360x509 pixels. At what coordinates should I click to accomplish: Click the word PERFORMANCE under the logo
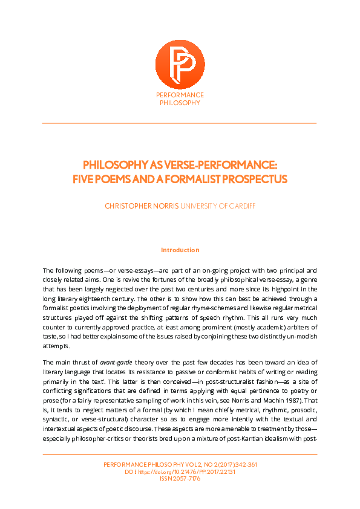coord(180,96)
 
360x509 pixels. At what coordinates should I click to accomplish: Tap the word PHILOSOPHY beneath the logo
coord(180,103)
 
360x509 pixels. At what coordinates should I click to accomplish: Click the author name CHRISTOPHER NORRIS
coord(142,206)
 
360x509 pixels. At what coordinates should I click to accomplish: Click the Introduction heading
coord(180,250)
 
